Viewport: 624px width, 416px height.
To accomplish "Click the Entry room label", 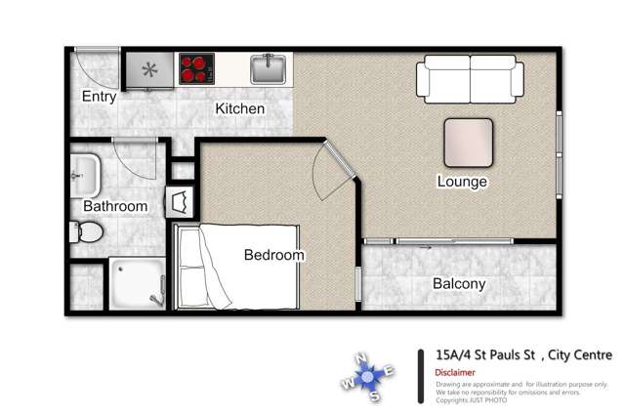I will tap(99, 97).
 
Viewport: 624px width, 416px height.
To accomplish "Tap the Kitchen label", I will tap(240, 108).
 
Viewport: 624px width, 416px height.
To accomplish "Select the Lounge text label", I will tap(462, 182).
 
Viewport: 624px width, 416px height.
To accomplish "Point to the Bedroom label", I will tap(273, 255).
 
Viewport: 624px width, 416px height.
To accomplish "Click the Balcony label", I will tap(458, 284).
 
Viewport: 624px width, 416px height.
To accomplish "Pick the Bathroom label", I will tap(115, 206).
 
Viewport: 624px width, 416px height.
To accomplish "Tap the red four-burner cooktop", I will tap(195, 69).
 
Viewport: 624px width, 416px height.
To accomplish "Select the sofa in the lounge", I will tap(471, 78).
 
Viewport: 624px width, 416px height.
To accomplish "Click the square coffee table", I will tap(469, 143).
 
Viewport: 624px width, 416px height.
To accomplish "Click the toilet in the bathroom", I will tap(86, 232).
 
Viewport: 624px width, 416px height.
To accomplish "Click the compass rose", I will tap(368, 375).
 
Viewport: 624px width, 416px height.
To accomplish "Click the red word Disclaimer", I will tap(456, 372).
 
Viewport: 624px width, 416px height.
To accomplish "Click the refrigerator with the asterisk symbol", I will tap(149, 69).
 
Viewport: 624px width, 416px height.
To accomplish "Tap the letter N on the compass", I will tap(361, 356).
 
